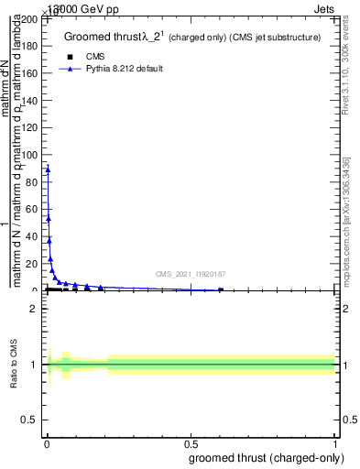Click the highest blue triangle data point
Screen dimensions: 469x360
(48, 169)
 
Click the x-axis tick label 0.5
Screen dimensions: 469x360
(191, 443)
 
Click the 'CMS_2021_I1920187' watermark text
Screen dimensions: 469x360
(191, 274)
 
